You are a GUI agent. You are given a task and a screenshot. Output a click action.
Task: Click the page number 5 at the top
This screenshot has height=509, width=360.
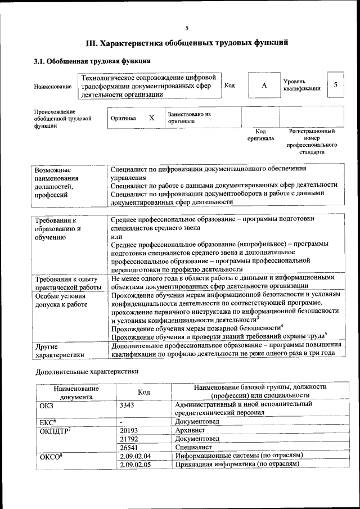click(187, 28)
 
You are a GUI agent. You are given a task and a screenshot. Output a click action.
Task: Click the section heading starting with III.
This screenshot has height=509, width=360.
click(187, 42)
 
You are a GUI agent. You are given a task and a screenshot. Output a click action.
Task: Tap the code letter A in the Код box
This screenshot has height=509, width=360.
click(263, 85)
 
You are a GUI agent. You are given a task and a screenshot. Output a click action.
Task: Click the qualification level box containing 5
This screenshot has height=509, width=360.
click(336, 84)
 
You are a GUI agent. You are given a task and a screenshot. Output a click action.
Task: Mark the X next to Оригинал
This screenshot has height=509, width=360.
click(151, 118)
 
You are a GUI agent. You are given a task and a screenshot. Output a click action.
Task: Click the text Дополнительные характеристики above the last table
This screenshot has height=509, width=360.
click(87, 372)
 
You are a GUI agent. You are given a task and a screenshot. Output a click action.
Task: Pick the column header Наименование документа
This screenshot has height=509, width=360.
click(76, 392)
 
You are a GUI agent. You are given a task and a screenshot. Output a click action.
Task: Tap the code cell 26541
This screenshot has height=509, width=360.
click(129, 447)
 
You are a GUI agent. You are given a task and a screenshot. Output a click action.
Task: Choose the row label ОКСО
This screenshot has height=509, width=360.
click(50, 456)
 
